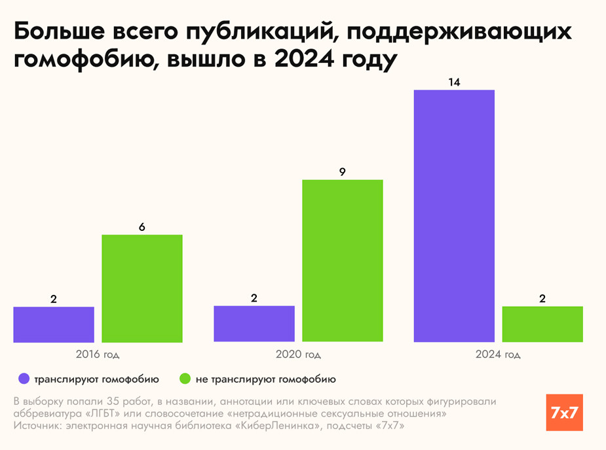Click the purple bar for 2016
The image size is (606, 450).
click(54, 324)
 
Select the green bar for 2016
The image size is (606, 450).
click(142, 288)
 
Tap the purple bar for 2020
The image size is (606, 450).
click(254, 324)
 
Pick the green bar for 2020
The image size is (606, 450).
click(343, 260)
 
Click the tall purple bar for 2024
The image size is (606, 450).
click(454, 216)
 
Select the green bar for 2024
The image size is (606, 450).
click(542, 324)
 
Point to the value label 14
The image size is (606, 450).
click(454, 83)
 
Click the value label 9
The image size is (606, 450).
click(343, 173)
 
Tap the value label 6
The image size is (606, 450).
click(142, 228)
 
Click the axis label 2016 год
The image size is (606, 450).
click(98, 355)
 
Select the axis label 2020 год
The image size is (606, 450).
click(299, 355)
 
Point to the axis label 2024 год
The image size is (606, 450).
click(499, 355)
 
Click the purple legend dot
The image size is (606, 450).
click(24, 379)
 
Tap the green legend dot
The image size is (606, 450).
click(185, 379)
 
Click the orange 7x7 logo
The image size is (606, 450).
click(564, 412)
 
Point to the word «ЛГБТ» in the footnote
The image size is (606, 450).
click(100, 414)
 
